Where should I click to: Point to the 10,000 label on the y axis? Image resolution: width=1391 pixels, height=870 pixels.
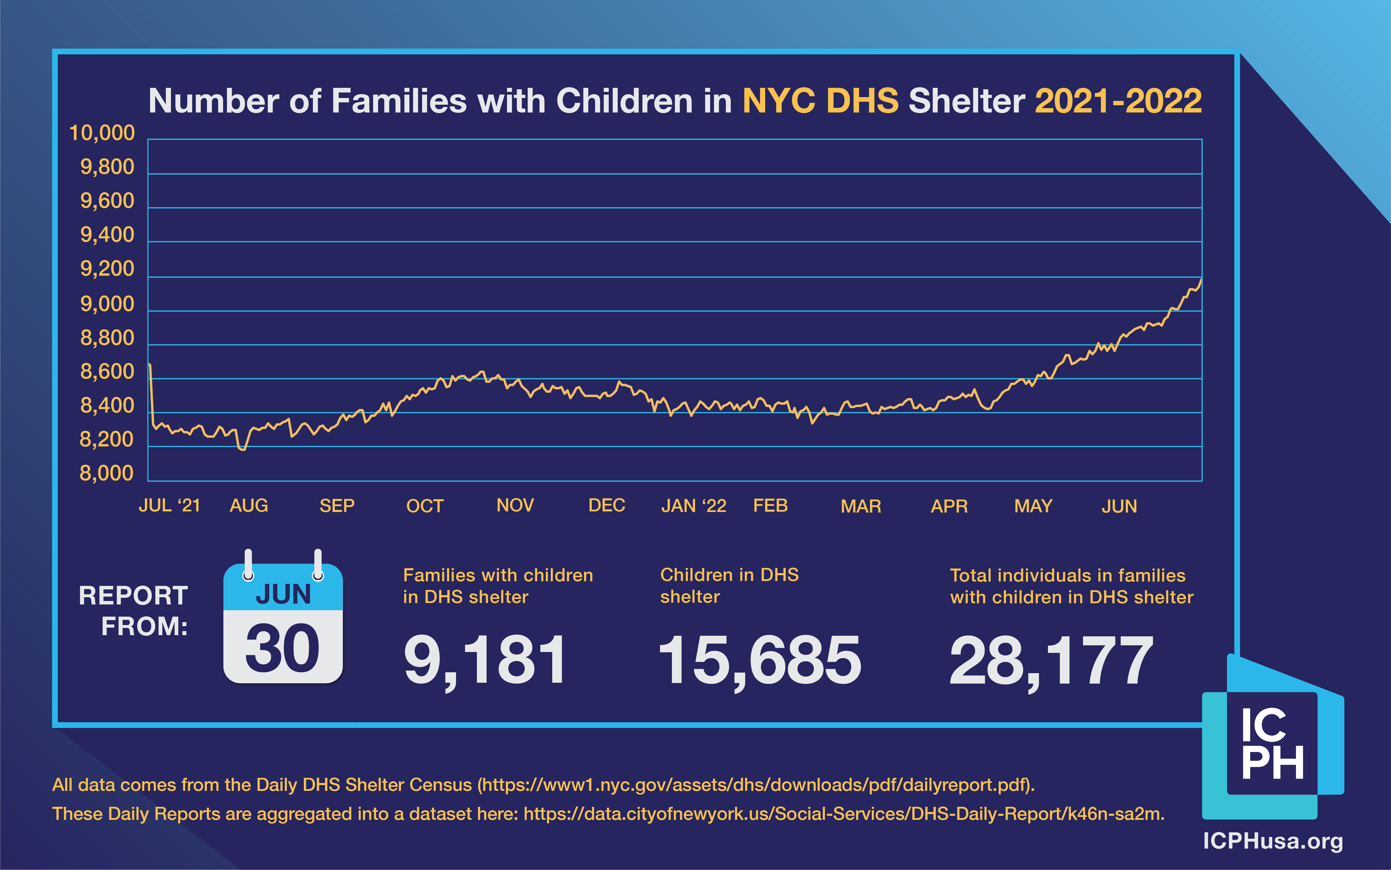pos(102,133)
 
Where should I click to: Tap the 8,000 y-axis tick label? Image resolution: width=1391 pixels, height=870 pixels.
pos(106,473)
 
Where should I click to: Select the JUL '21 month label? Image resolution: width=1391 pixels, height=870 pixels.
pos(169,506)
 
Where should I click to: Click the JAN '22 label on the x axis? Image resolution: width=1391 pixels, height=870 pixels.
pos(694,506)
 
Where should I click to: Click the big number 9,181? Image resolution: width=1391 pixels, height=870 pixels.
pos(485,660)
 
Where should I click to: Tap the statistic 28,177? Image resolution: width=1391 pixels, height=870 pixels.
pos(1051,660)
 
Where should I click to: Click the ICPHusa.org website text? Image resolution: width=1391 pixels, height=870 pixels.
pos(1272,841)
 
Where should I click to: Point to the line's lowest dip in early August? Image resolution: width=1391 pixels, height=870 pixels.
pos(242,449)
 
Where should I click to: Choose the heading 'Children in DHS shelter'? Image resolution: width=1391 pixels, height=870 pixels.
pos(729,586)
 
